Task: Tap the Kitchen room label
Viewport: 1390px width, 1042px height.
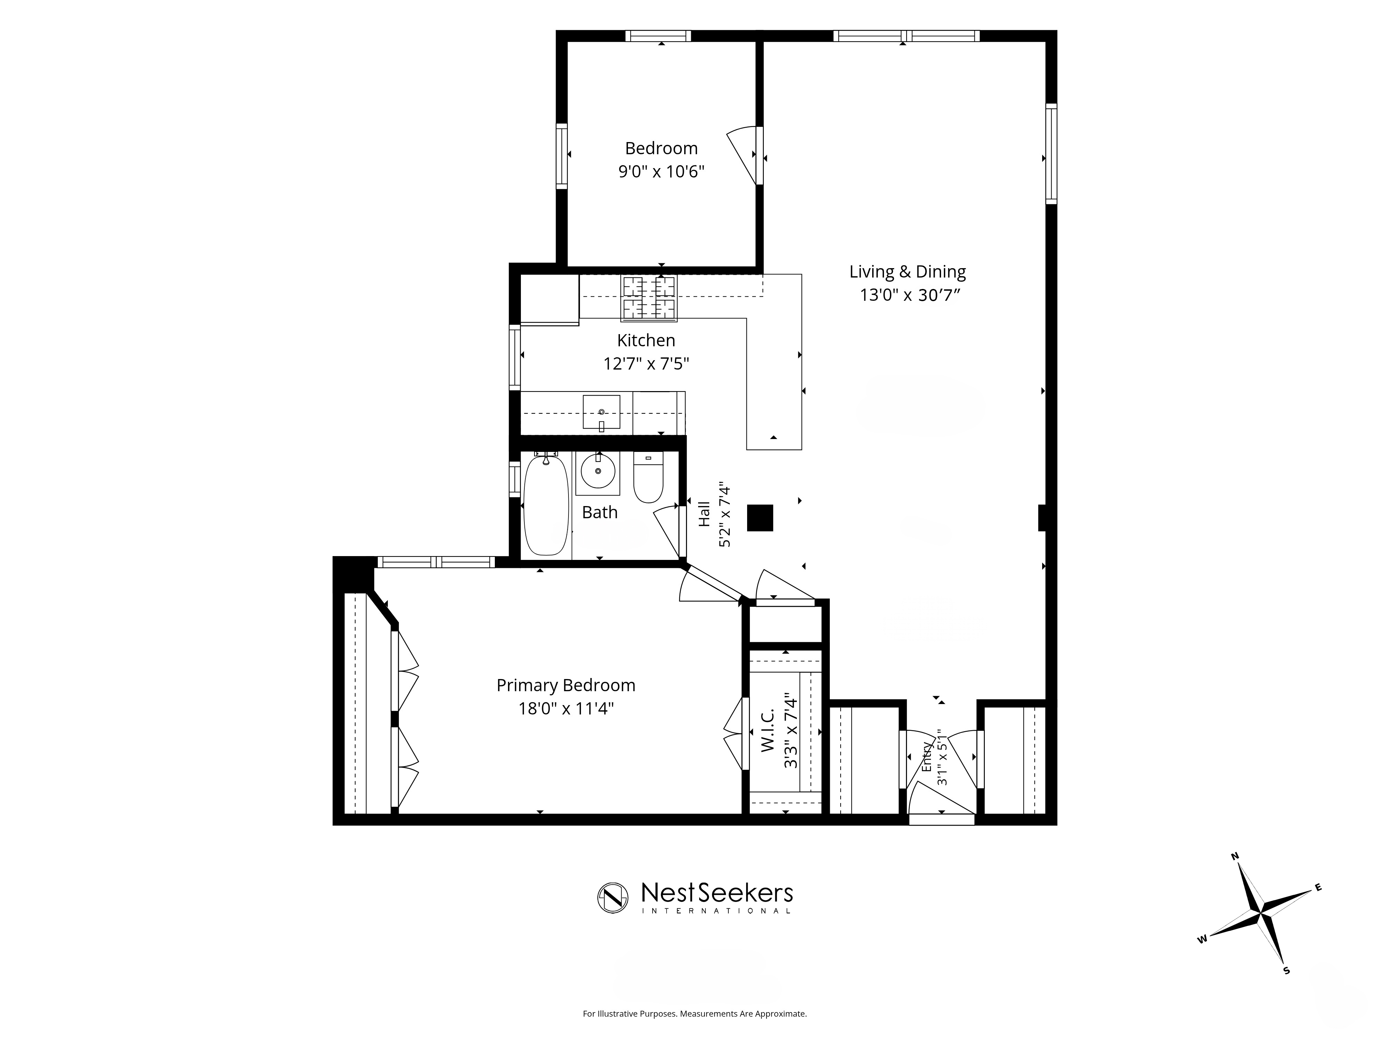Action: pyautogui.click(x=646, y=340)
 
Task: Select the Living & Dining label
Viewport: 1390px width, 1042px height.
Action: pyautogui.click(x=907, y=272)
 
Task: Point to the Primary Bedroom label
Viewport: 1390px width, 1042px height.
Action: pyautogui.click(x=565, y=685)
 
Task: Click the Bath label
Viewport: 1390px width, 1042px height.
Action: pyautogui.click(x=599, y=513)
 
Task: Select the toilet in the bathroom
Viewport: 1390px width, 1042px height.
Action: pyautogui.click(x=648, y=477)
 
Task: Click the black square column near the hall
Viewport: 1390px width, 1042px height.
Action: pyautogui.click(x=760, y=518)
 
